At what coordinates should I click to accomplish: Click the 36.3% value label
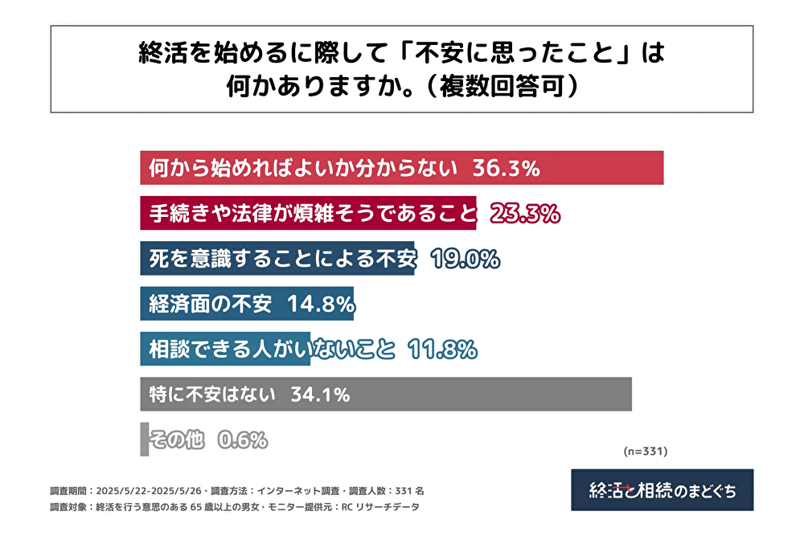pyautogui.click(x=505, y=168)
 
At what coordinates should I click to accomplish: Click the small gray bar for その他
pyautogui.click(x=145, y=440)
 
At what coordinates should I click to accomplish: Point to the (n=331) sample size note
pyautogui.click(x=645, y=451)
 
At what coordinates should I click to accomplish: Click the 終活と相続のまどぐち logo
pyautogui.click(x=662, y=489)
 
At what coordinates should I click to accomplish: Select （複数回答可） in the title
pyautogui.click(x=498, y=86)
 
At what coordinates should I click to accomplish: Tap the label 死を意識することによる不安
pyautogui.click(x=282, y=259)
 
